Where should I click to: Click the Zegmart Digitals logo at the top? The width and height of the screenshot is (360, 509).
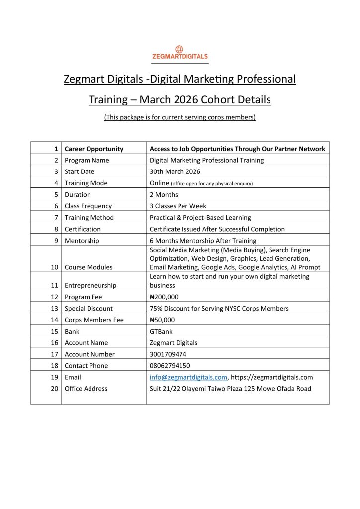coord(180,53)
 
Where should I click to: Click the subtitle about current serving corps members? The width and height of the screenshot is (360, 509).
coord(180,117)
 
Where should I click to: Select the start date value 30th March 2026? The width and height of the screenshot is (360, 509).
coord(175,171)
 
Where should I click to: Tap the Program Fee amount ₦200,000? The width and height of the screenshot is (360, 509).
coord(164,297)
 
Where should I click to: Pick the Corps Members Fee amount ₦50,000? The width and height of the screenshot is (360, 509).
coord(162,320)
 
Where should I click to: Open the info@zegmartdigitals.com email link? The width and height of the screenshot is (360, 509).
coord(188,377)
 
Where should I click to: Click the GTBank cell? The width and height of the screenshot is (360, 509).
coord(161,332)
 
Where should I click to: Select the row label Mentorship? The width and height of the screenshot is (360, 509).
coord(82,241)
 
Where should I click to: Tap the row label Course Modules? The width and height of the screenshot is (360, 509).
coord(89,267)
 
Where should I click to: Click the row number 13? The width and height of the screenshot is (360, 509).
coord(55,309)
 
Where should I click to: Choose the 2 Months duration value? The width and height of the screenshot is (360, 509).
coord(164,195)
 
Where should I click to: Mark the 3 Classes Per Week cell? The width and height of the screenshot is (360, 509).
coord(178,206)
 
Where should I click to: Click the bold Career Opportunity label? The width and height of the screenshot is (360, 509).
coord(94,149)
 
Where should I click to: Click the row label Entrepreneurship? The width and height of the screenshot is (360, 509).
coord(90,286)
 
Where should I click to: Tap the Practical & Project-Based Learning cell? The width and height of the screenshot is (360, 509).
coord(200,218)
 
